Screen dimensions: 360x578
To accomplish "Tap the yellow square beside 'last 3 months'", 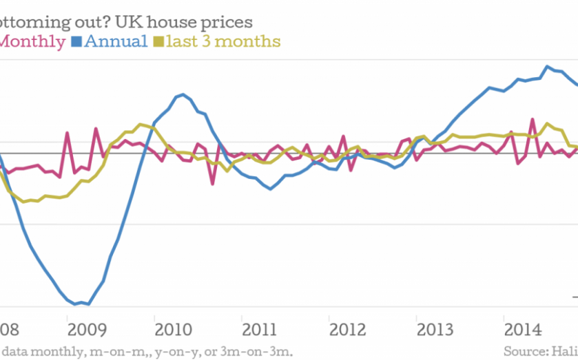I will pos(158,42).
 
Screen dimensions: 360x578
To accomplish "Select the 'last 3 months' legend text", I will pos(223,41).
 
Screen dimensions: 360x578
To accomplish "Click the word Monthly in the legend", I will pos(33,41).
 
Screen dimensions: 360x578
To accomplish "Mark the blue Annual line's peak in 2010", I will pos(181,94).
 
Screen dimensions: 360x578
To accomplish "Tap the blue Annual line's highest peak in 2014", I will pos(547,67).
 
